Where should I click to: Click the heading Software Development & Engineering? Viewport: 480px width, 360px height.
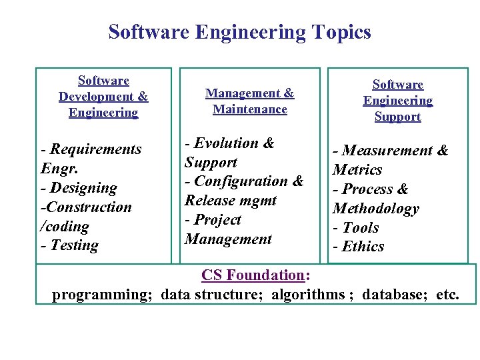click(103, 97)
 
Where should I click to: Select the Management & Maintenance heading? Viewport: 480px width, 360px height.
click(249, 101)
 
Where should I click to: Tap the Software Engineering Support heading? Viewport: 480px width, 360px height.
click(397, 101)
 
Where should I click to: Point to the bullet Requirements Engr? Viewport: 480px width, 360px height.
click(91, 158)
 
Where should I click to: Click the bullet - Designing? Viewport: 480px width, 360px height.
click(79, 188)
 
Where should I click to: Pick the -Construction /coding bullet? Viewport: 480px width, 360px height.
click(85, 216)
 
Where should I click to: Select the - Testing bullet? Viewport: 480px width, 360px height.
click(69, 245)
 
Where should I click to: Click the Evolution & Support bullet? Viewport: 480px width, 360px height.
click(229, 152)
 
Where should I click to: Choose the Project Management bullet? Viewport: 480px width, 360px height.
click(228, 229)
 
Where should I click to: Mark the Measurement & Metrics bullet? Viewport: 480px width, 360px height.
click(390, 160)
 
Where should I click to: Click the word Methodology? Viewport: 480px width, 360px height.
click(375, 209)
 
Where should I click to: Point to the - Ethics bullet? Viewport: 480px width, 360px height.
click(359, 247)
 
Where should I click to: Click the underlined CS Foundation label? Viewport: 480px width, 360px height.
click(253, 275)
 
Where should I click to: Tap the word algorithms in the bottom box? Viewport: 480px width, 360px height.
click(309, 294)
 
